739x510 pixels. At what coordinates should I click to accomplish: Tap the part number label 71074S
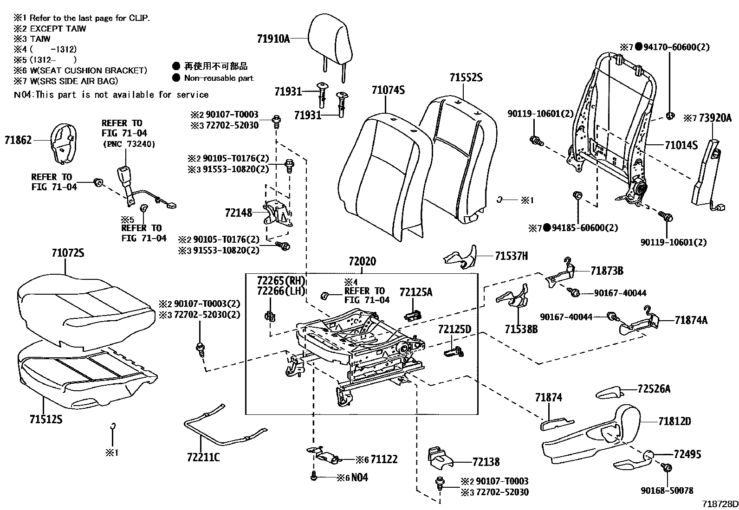click(x=388, y=90)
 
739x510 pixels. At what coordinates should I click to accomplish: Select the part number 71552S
click(x=466, y=77)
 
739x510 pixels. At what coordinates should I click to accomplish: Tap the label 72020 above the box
click(x=362, y=262)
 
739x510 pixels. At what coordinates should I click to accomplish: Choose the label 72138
click(x=486, y=462)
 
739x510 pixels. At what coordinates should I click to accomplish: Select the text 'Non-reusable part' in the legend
click(x=219, y=78)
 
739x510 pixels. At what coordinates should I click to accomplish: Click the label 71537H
click(x=511, y=256)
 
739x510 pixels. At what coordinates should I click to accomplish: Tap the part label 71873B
click(x=607, y=271)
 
